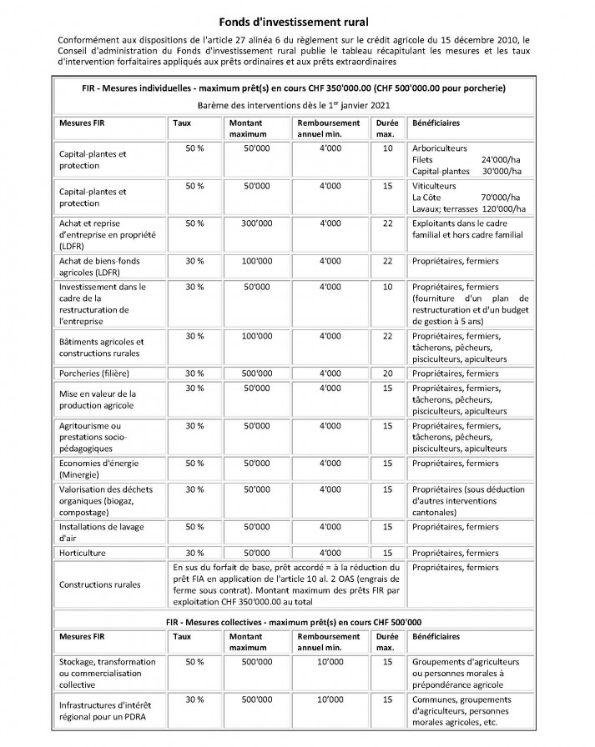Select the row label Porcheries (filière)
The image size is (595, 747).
click(93, 373)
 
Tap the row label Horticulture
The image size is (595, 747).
click(83, 553)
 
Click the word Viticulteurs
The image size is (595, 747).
click(435, 186)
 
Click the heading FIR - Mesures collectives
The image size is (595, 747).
click(297, 621)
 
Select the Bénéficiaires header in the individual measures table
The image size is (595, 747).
click(436, 123)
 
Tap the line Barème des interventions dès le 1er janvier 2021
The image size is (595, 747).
click(297, 105)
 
